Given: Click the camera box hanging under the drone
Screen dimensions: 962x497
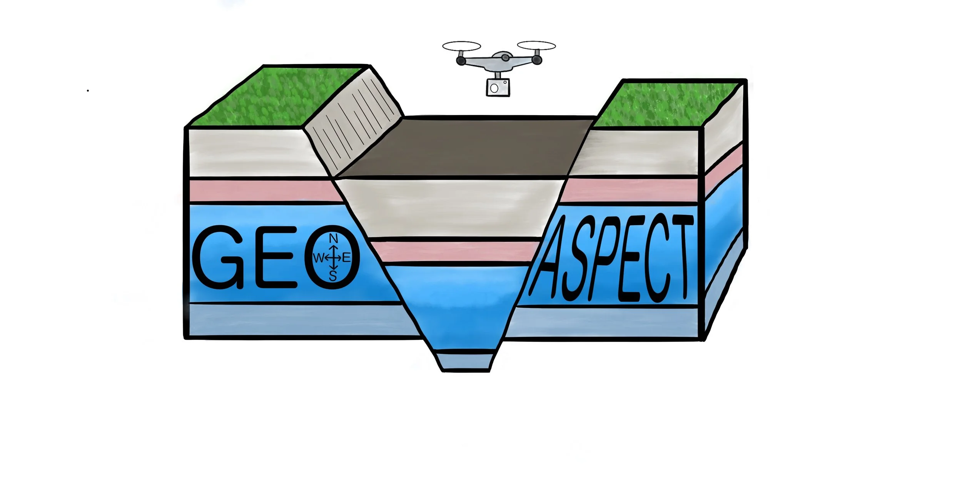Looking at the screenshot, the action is pyautogui.click(x=498, y=87).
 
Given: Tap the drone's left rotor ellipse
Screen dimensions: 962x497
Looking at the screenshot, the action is pyautogui.click(x=461, y=46).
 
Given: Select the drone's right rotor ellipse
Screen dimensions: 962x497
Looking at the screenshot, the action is pyautogui.click(x=536, y=46).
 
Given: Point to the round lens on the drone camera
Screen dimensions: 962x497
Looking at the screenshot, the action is pyautogui.click(x=494, y=89).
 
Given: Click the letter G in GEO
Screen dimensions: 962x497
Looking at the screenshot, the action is pyautogui.click(x=218, y=257).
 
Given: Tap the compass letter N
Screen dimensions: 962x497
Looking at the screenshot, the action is pyautogui.click(x=333, y=239).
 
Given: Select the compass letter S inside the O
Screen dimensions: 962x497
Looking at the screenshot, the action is pyautogui.click(x=333, y=276).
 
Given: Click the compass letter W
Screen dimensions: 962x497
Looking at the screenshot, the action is pyautogui.click(x=319, y=258).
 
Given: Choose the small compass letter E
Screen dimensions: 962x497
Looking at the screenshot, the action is pyautogui.click(x=346, y=258).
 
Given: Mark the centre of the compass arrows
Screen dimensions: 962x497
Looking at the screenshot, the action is pyautogui.click(x=333, y=258).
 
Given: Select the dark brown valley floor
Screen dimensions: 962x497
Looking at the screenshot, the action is pyautogui.click(x=462, y=148).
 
